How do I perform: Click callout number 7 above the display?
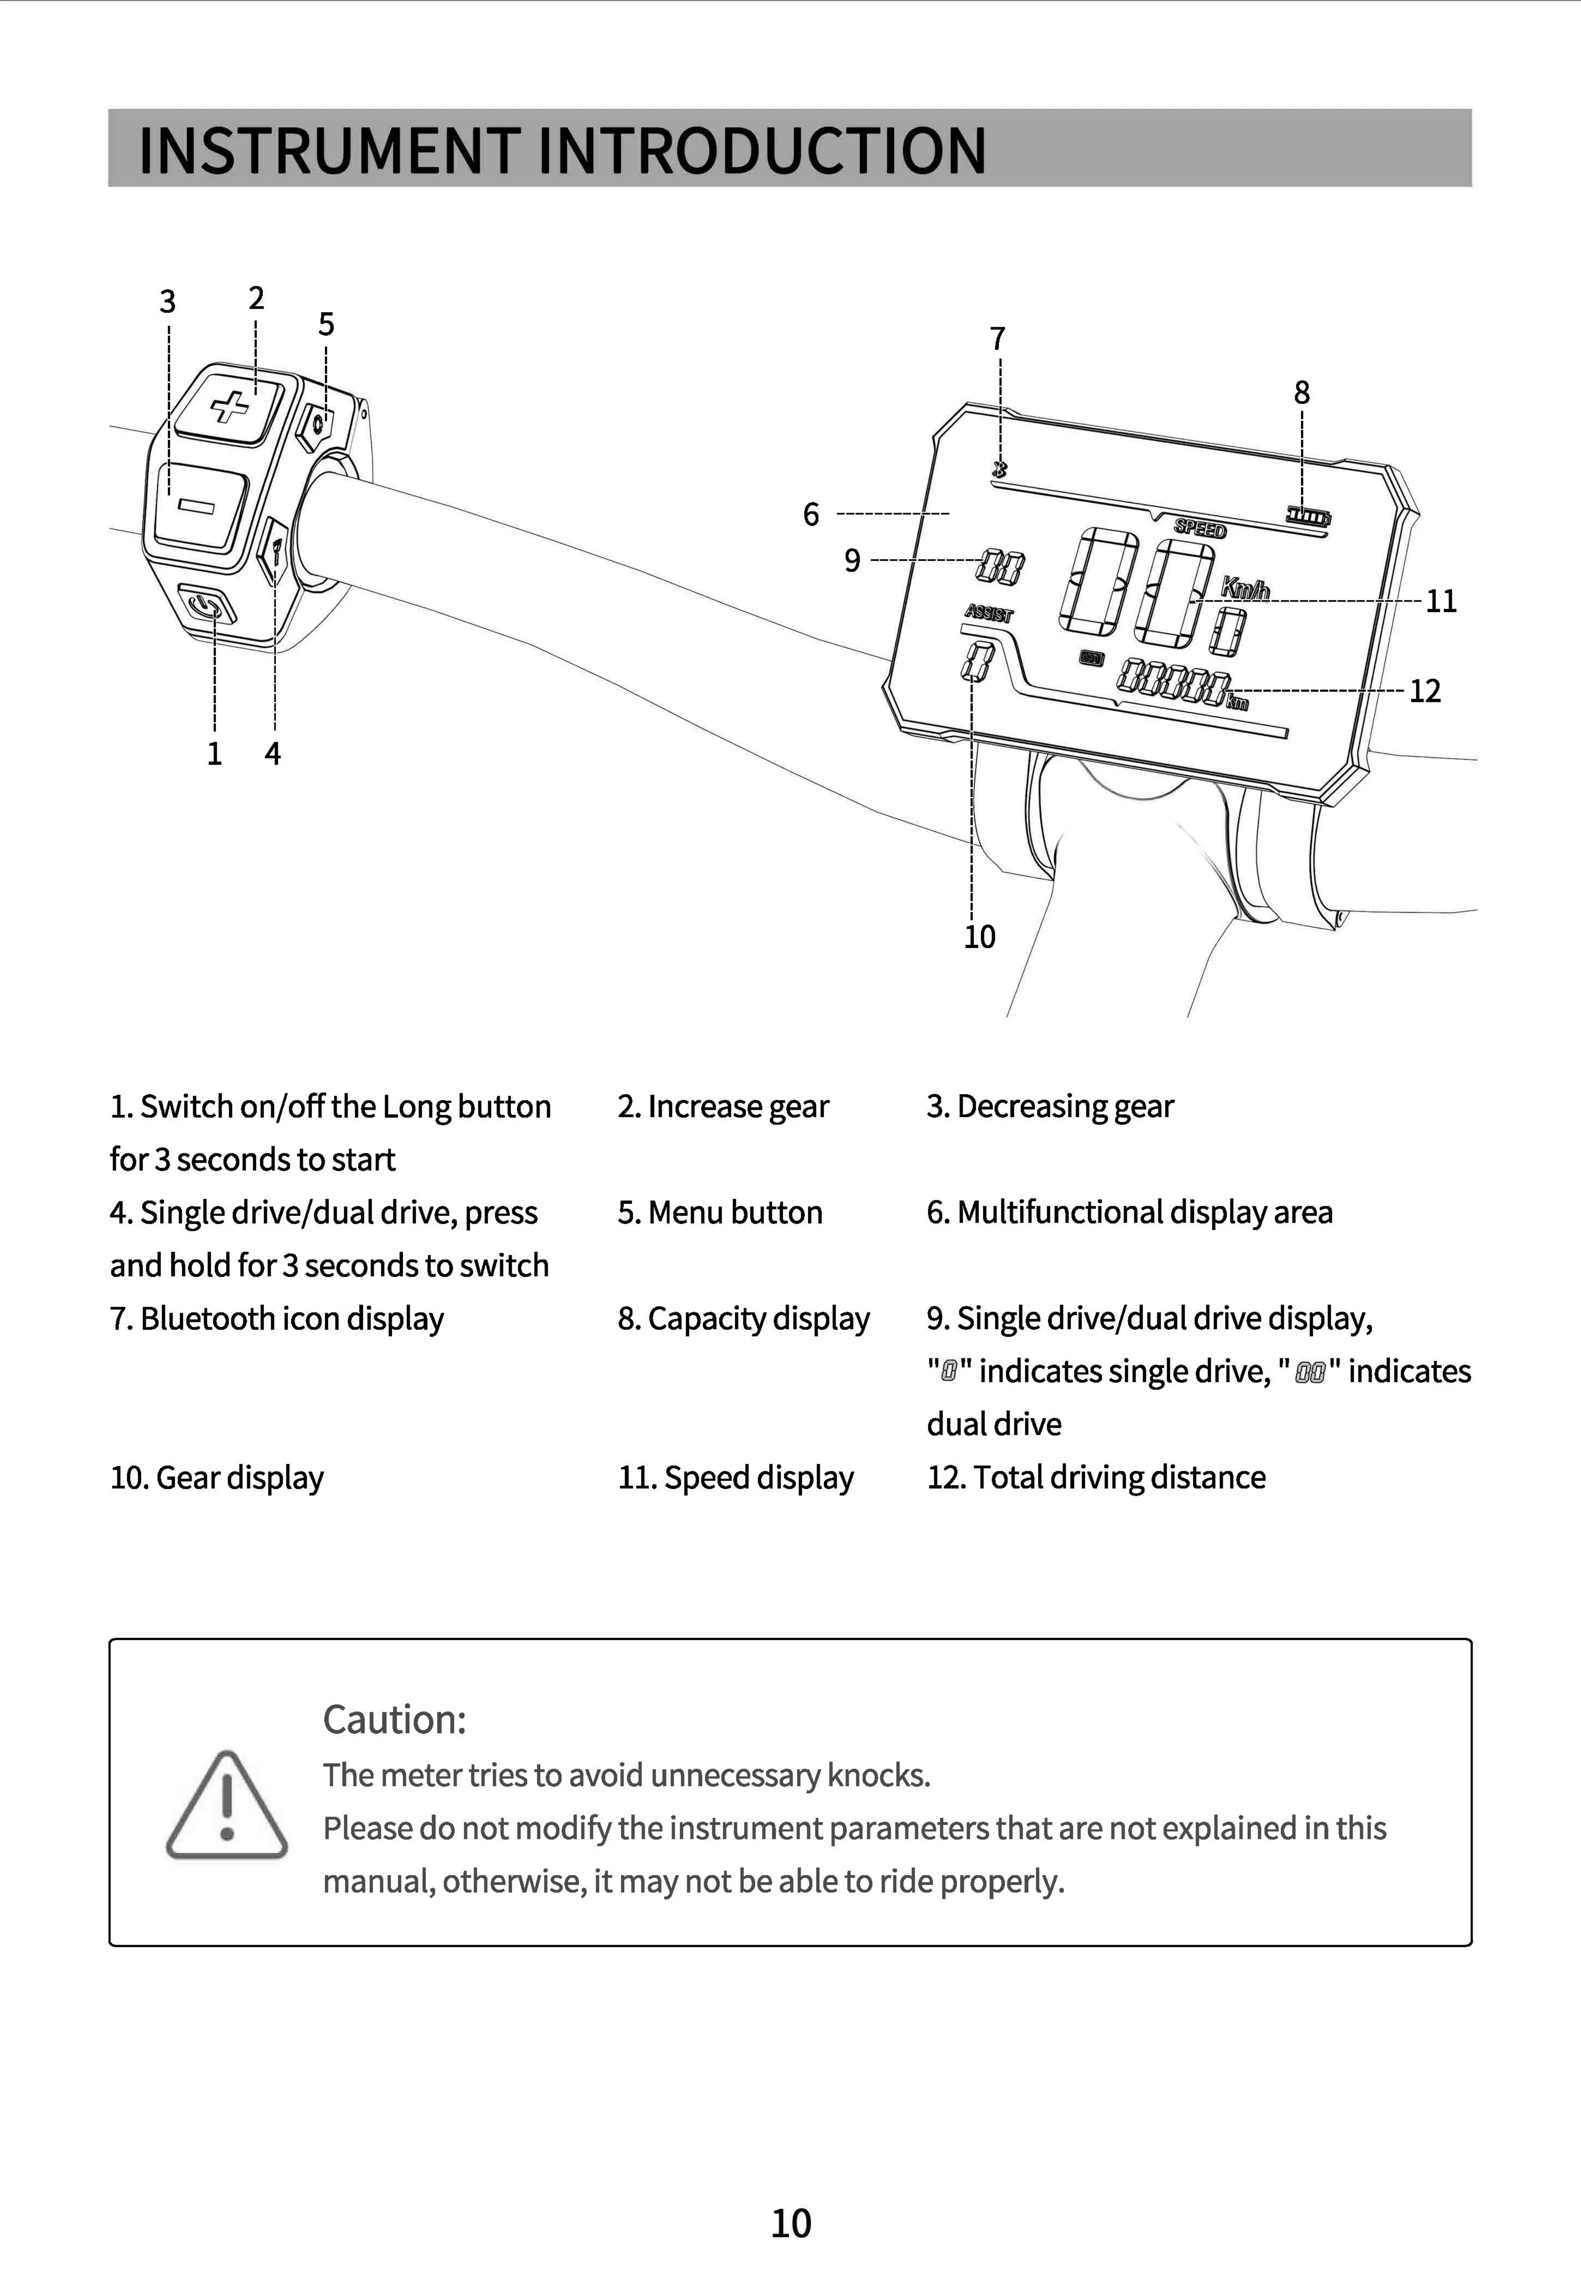(x=998, y=339)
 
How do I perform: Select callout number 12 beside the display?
(x=1425, y=691)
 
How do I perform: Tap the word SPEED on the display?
(x=1200, y=529)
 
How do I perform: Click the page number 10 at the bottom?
(x=790, y=2224)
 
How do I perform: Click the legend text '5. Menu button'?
(x=720, y=1212)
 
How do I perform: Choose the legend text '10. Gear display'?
(x=217, y=1477)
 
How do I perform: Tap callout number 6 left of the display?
(x=811, y=514)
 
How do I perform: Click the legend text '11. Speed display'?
(x=736, y=1477)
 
